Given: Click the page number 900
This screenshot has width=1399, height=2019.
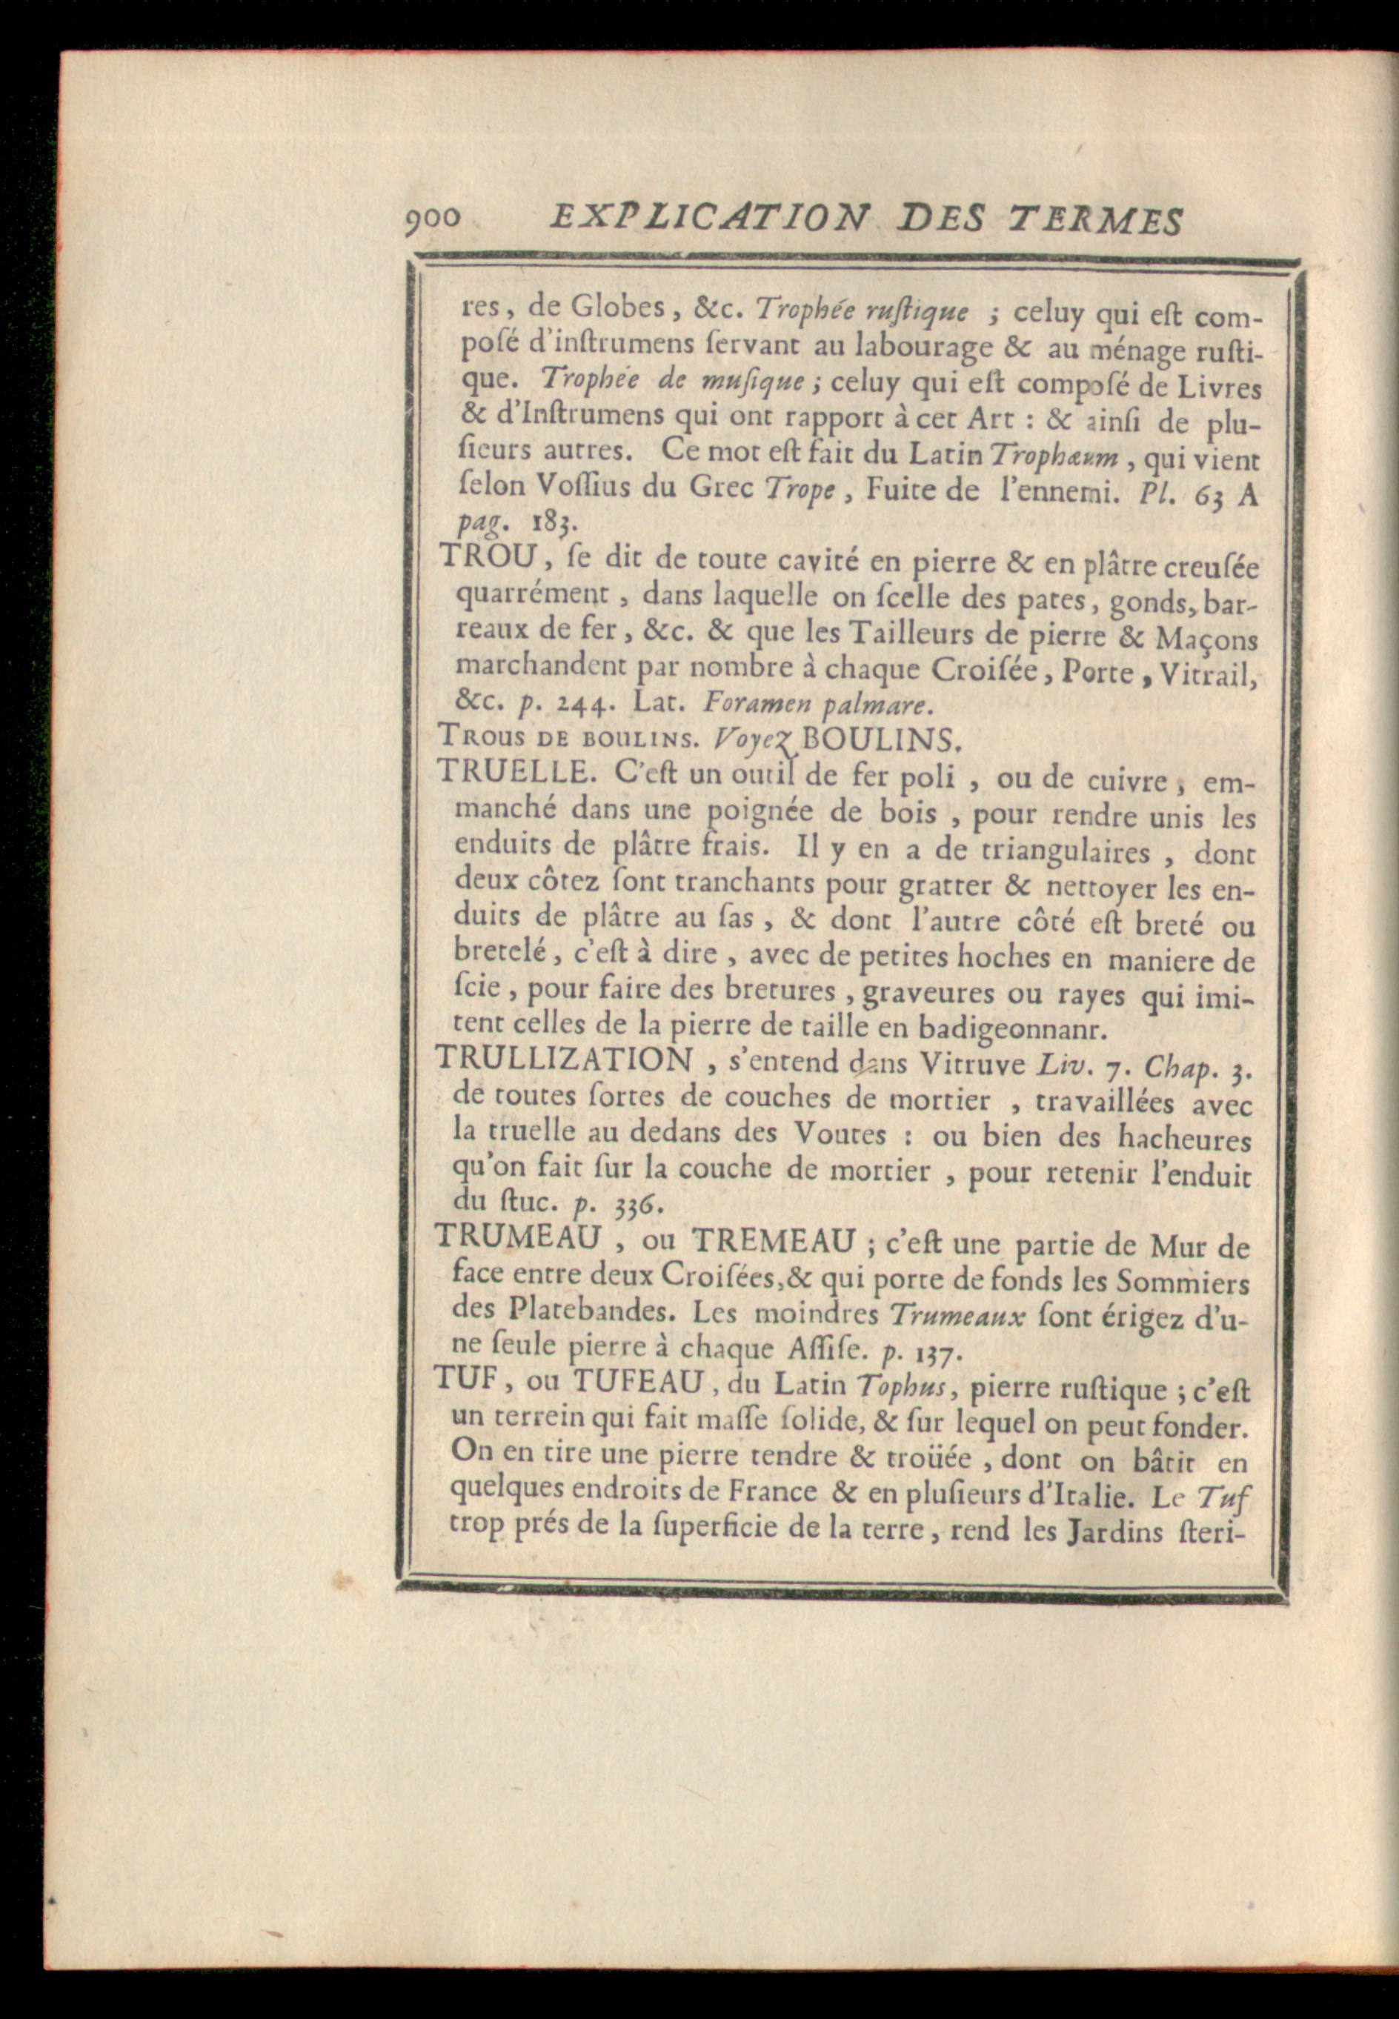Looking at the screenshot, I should [x=433, y=218].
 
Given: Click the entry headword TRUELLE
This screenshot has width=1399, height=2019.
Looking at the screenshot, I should [x=499, y=772].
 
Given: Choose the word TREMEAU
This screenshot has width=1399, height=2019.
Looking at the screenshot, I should [x=773, y=1240].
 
